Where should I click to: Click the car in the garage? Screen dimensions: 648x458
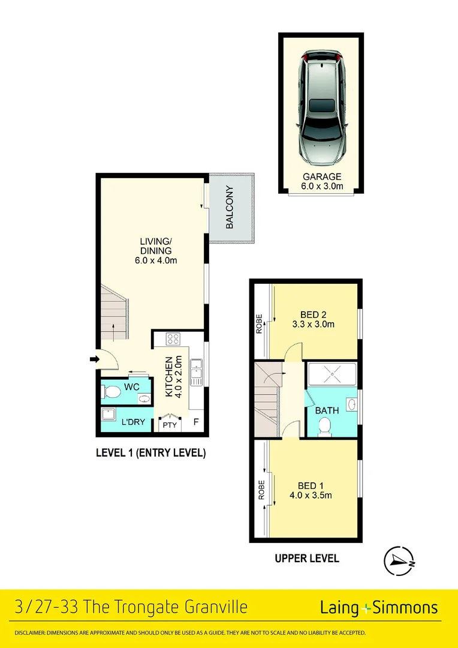[321, 108]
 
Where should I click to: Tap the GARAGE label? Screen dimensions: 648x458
[321, 177]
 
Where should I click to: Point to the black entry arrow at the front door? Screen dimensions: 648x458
[94, 359]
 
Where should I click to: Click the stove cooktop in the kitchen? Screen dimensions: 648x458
[174, 339]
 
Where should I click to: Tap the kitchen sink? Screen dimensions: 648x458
[196, 372]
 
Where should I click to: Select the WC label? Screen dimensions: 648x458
[132, 387]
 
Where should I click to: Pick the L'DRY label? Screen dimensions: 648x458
[134, 422]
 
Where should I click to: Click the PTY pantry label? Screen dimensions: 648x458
[170, 425]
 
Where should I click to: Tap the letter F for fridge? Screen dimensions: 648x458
[195, 422]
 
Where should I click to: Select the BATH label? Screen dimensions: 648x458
[327, 411]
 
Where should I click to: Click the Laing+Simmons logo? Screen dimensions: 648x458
[379, 608]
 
